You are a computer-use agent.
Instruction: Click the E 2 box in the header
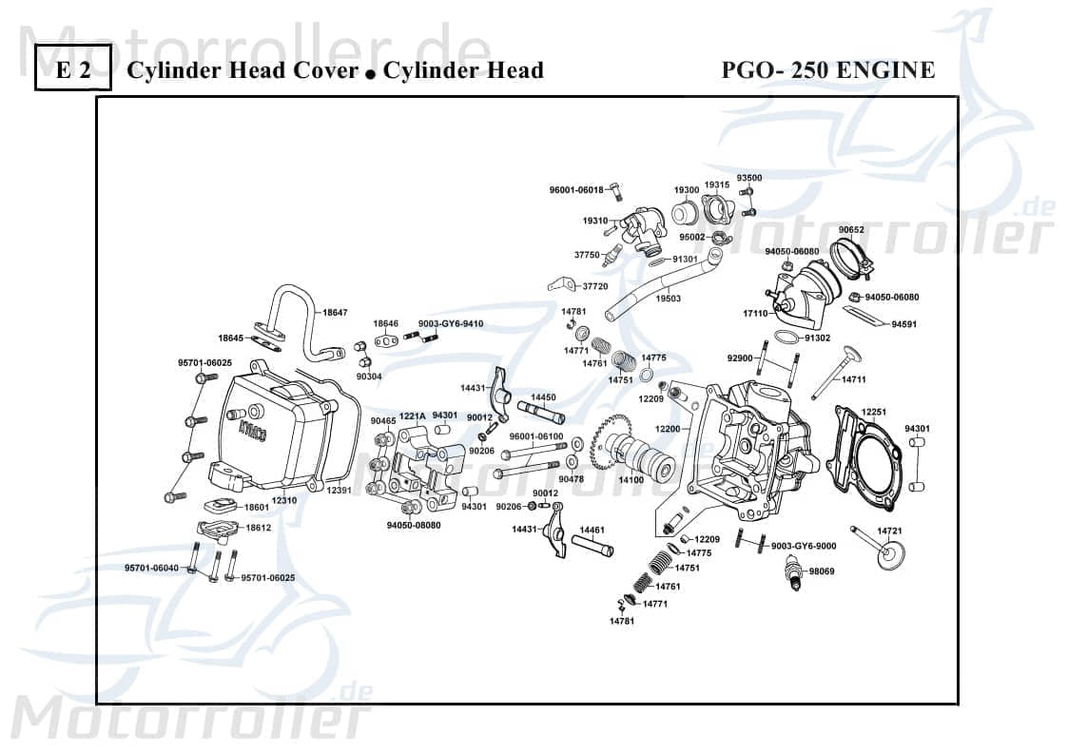73,70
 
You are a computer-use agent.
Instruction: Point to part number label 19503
669,299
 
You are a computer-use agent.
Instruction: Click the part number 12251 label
873,412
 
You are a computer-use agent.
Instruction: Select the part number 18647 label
335,312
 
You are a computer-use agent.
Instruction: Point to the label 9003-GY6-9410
450,323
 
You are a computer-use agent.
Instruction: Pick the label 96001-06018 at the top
576,190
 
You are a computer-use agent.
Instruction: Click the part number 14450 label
543,397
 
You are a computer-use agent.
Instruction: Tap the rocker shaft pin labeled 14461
591,547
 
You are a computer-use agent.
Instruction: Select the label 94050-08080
413,525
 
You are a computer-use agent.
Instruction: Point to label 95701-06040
151,568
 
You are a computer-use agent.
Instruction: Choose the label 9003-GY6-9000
804,546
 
